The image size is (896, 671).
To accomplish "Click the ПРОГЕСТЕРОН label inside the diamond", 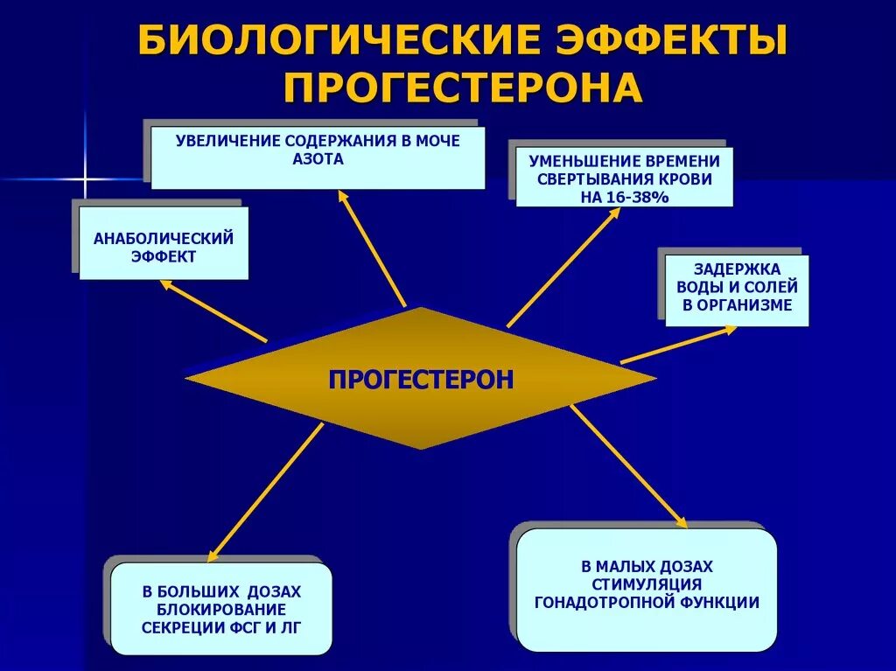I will (x=421, y=379).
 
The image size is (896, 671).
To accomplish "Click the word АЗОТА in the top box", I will (x=318, y=160).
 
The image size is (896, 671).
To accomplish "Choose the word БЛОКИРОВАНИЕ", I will (x=221, y=609).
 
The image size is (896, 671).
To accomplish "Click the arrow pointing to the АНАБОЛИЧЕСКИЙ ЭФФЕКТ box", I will (x=213, y=311).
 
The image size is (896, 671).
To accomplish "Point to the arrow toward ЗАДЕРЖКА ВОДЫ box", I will (x=679, y=345).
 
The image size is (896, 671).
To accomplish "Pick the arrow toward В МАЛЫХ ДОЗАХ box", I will (x=629, y=468).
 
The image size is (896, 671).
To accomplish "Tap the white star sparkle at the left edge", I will (x=85, y=179).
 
